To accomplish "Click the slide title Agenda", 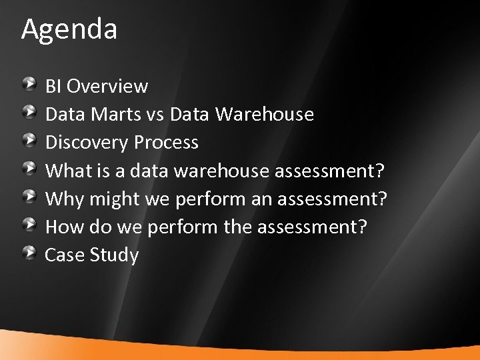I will pos(69,29).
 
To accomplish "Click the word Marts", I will pos(113,115).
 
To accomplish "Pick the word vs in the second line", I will pos(155,115).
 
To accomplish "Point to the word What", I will pos(66,171).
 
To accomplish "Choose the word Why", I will pos(63,199).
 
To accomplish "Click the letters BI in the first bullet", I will pos(53,87).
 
